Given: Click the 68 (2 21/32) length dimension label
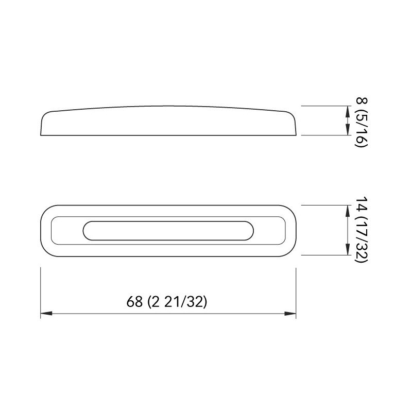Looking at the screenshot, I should click(166, 302).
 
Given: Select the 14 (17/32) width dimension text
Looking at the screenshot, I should click(360, 230).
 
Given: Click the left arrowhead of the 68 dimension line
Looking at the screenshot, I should click(44, 313).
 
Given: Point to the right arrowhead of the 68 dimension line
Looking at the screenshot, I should click(293, 313).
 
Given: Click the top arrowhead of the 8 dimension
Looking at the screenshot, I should click(345, 109).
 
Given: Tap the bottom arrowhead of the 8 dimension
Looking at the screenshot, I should click(345, 132).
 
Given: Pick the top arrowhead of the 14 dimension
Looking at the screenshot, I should click(345, 208).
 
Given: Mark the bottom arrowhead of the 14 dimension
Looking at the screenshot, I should click(345, 252).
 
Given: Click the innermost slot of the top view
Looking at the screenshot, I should click(168, 230).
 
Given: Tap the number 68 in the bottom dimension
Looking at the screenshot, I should click(134, 302).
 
